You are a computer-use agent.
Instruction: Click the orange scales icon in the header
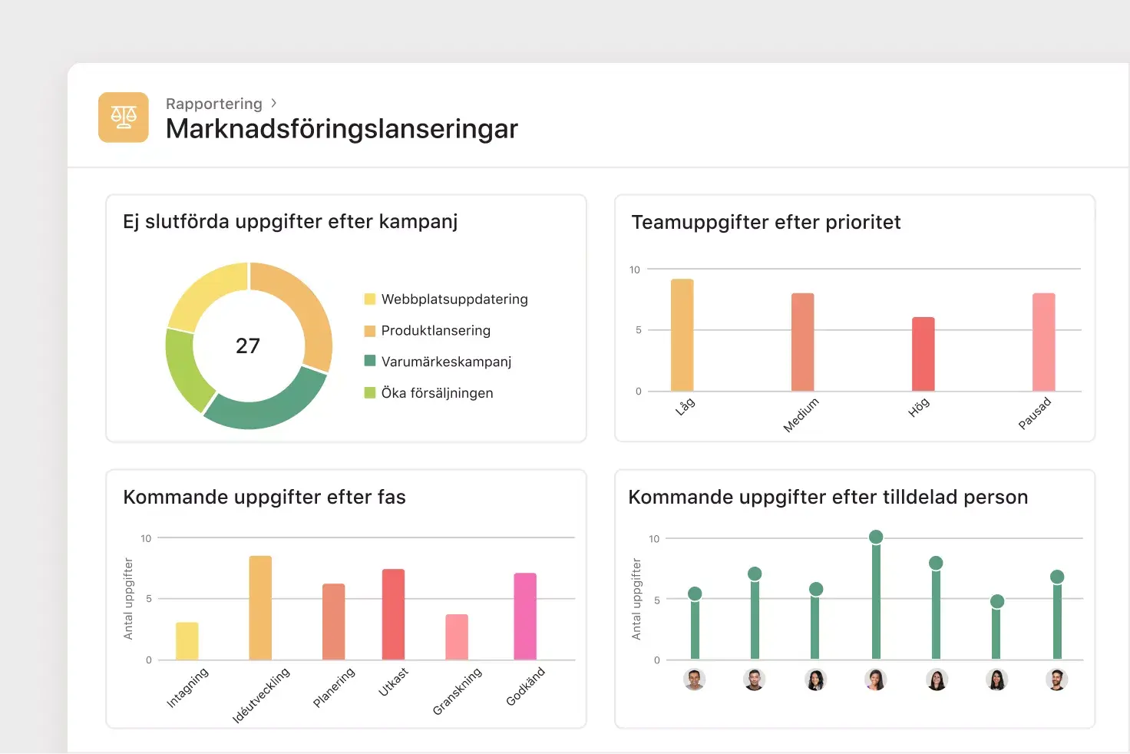123,117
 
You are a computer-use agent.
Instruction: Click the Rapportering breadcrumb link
214,104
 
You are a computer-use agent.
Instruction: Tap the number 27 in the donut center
248,346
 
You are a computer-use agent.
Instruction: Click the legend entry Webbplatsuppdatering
454,299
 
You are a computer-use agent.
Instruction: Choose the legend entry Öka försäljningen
437,392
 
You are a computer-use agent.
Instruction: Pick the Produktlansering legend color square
370,331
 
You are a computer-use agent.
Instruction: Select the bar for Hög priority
923,354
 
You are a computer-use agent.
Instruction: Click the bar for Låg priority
682,336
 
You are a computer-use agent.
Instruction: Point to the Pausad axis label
1034,413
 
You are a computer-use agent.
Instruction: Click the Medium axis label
801,415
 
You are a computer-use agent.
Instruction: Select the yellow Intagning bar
187,640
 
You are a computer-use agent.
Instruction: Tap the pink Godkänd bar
525,616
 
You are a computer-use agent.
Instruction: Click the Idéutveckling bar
260,607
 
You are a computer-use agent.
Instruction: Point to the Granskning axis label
457,690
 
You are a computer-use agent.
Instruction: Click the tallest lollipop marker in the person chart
876,537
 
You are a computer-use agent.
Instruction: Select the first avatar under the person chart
695,680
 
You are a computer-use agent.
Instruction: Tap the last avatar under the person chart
1057,680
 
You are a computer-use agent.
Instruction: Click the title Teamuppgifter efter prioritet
765,222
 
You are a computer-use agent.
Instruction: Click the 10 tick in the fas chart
146,538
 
